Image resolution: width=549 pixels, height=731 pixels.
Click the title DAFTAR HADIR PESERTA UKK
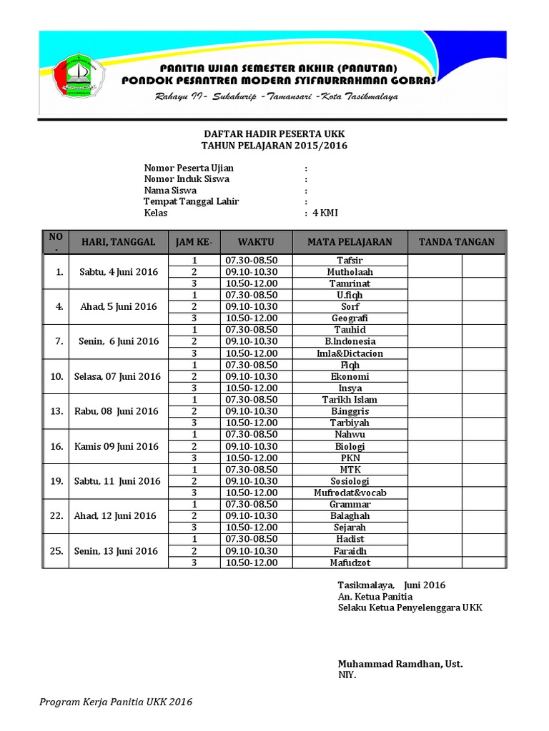274,134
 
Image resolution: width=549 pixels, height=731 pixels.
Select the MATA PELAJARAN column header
350,242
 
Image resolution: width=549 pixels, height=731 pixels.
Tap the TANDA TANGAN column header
456,242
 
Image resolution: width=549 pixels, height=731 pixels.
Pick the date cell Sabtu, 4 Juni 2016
117,272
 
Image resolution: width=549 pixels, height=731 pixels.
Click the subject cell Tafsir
350,261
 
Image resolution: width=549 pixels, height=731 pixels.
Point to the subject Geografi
350,318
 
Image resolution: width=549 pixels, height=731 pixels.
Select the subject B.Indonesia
350,341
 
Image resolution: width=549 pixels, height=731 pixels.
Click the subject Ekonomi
350,376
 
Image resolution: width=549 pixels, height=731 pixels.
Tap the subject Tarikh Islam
350,400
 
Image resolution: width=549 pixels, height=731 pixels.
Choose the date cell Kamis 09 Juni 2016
117,446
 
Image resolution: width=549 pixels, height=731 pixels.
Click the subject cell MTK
350,469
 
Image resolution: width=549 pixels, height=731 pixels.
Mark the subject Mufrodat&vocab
350,493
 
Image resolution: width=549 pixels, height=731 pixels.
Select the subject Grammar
350,504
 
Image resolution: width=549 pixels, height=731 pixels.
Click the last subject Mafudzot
350,563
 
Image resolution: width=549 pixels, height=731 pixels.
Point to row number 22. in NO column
56,515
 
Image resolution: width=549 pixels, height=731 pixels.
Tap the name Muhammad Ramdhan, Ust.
400,664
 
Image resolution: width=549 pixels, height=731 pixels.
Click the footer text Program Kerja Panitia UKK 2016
116,702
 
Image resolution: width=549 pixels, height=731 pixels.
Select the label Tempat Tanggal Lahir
192,201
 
